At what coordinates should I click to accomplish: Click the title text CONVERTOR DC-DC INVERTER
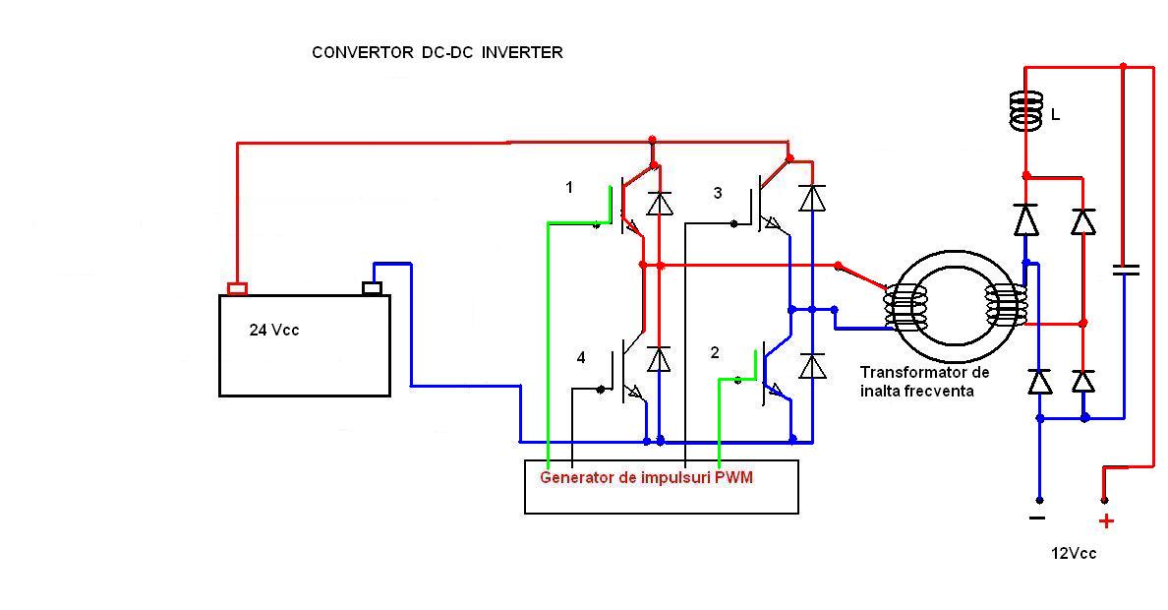(438, 53)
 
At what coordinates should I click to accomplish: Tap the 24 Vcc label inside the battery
(274, 331)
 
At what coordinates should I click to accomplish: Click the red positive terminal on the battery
(237, 288)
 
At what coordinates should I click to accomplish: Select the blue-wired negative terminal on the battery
(373, 288)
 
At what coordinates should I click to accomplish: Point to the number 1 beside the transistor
(569, 187)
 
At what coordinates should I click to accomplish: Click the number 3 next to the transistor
(717, 194)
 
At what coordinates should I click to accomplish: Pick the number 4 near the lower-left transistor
(581, 358)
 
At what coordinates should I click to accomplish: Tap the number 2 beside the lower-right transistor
(715, 352)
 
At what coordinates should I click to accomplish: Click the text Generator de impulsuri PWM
(646, 477)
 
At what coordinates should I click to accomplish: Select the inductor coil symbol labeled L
(1026, 112)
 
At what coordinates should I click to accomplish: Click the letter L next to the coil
(1055, 115)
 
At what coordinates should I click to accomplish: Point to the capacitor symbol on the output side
(1124, 269)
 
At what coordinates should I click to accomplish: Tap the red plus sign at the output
(1106, 521)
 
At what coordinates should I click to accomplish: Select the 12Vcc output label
(1073, 553)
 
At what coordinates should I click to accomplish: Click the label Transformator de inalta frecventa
(924, 382)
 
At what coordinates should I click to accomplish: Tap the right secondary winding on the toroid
(1005, 308)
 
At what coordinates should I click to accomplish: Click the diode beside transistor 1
(659, 204)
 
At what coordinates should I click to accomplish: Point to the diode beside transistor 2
(811, 366)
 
